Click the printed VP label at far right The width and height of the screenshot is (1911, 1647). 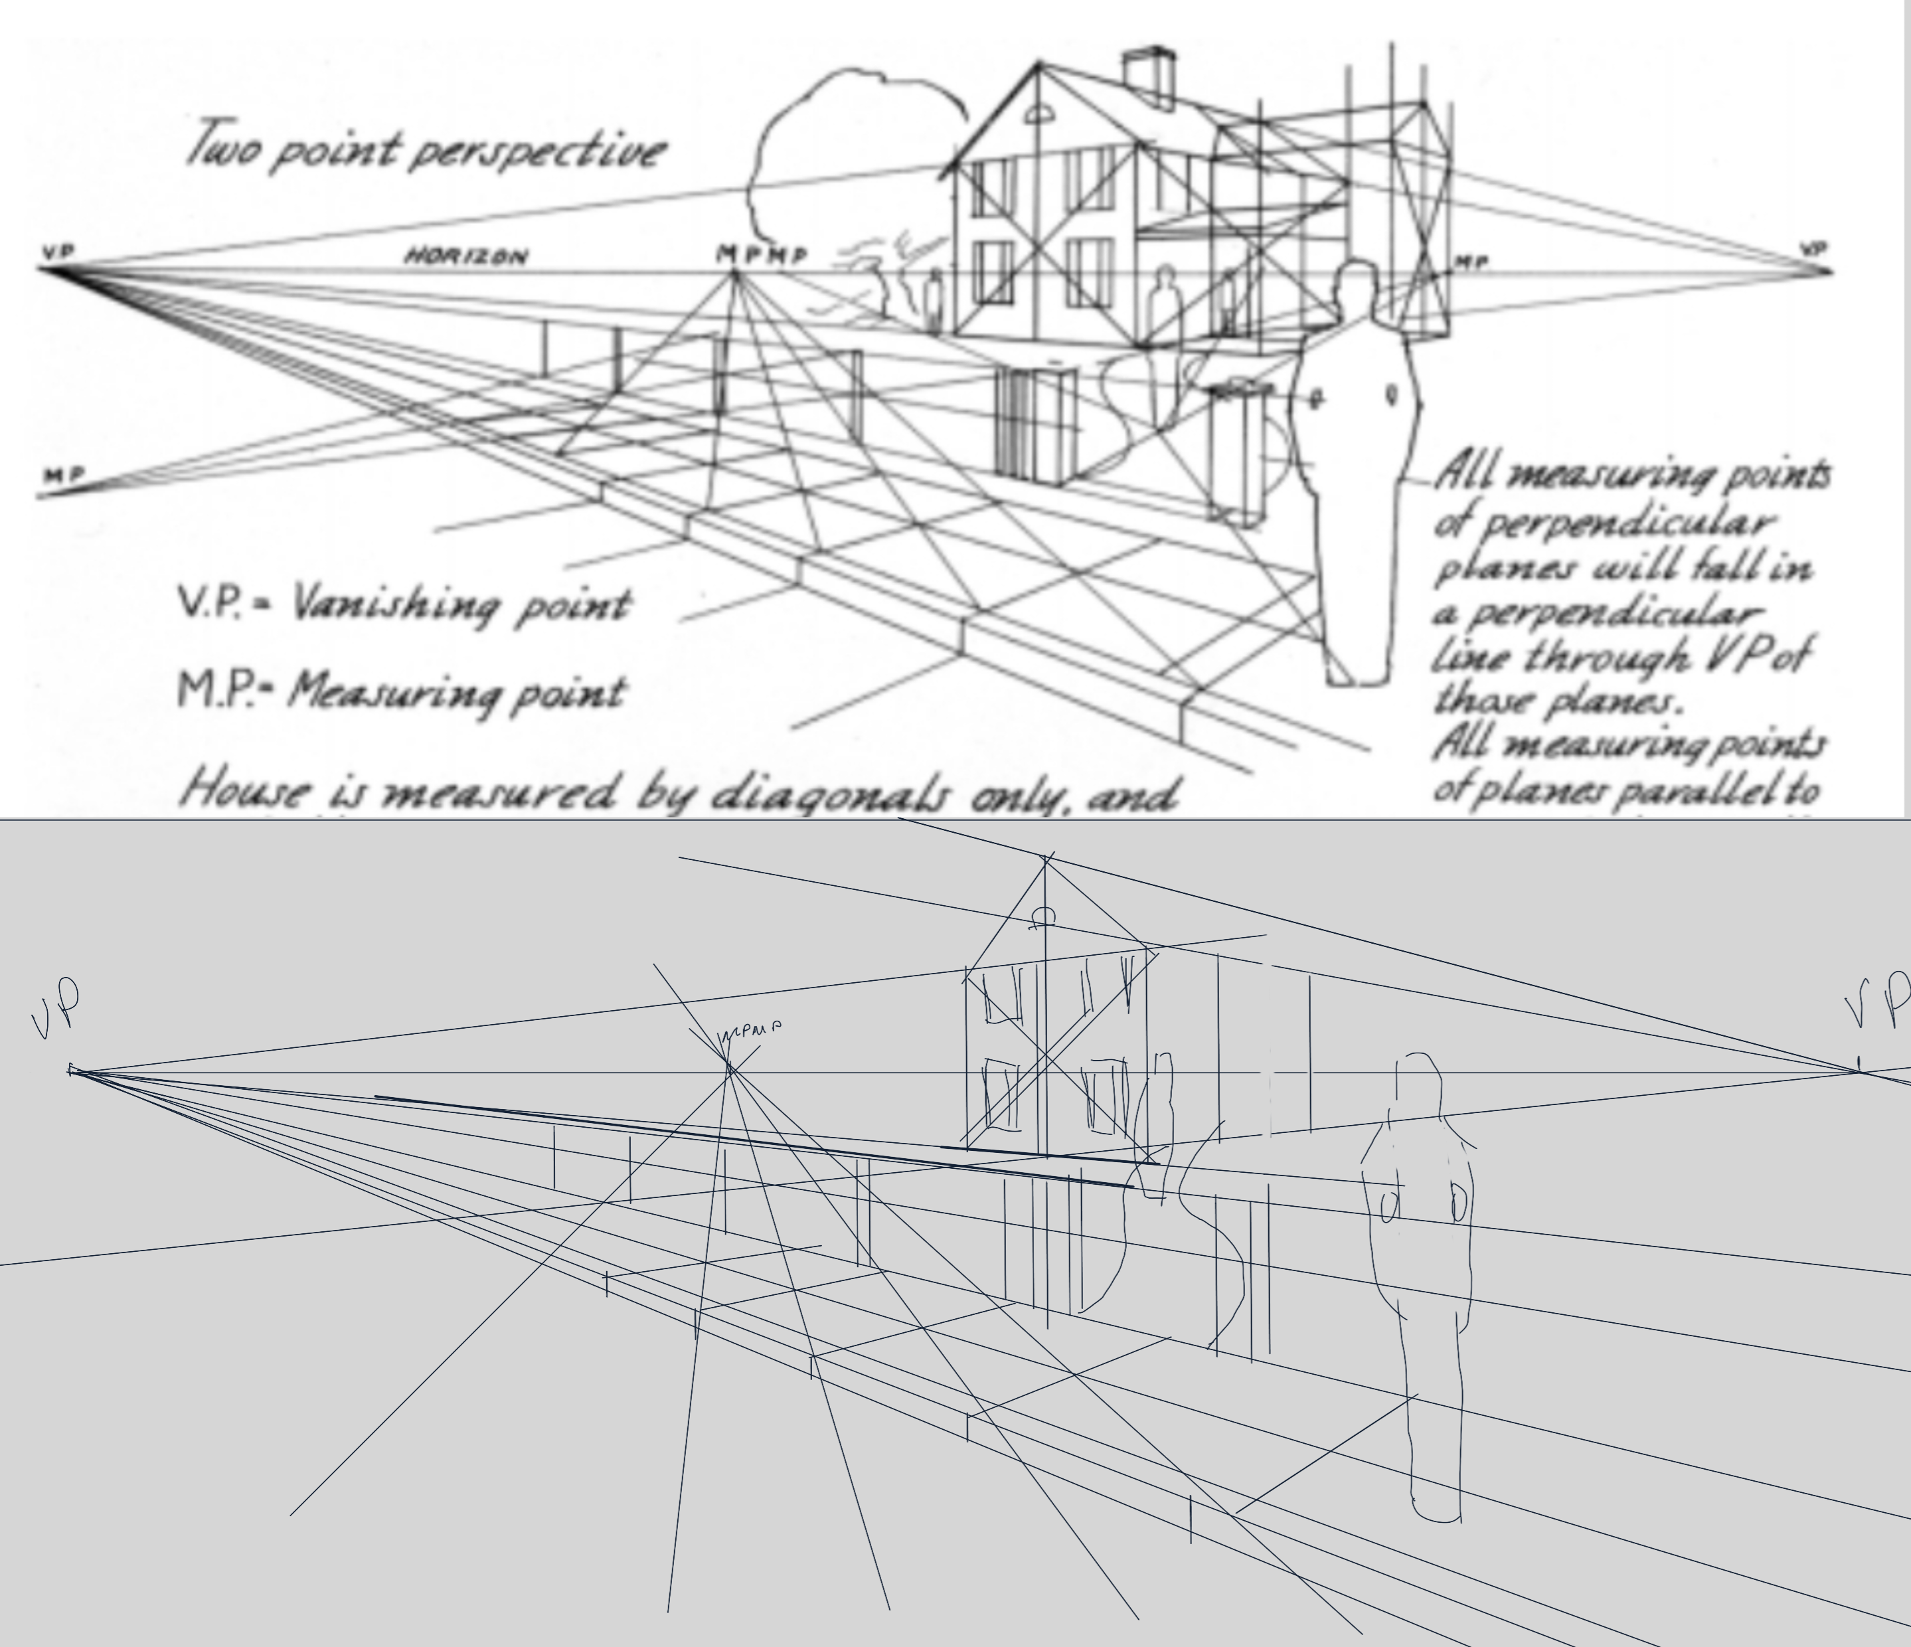coord(1813,249)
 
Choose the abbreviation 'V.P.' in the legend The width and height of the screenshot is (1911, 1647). coord(211,604)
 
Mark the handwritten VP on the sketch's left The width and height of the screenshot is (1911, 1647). coord(57,1009)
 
